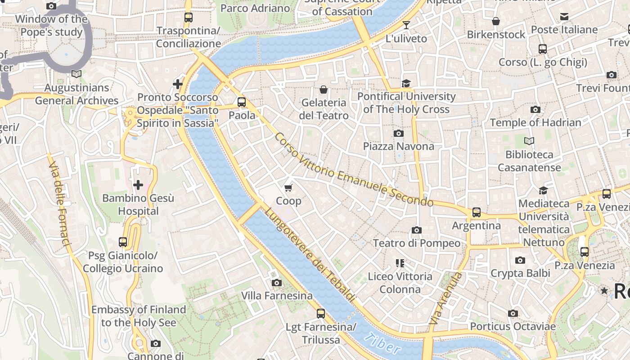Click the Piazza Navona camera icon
point(398,133)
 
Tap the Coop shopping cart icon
point(288,188)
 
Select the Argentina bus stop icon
point(476,212)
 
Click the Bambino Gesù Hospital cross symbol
point(138,184)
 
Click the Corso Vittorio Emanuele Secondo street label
point(353,170)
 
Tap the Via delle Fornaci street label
point(59,205)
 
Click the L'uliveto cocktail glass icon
point(406,25)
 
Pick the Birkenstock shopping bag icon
point(496,21)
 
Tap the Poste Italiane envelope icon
point(564,17)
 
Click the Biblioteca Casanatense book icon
point(529,141)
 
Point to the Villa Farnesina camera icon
point(277,283)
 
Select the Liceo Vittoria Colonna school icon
point(400,263)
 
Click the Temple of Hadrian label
point(535,122)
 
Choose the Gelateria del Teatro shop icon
point(323,90)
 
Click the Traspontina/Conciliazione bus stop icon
point(189,18)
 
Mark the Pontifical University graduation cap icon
point(406,83)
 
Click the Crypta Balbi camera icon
point(520,260)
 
